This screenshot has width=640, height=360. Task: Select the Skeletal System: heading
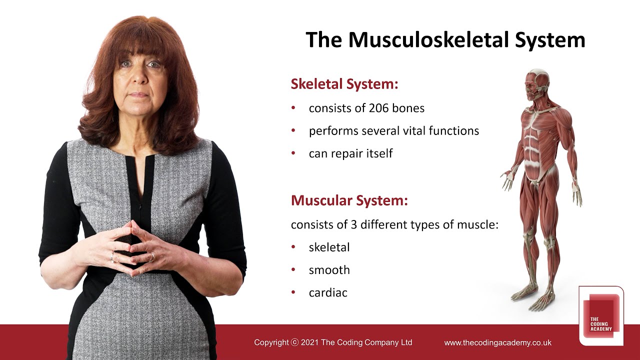pos(344,84)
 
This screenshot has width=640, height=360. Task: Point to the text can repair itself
pos(350,153)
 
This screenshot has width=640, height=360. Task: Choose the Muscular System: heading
pos(349,201)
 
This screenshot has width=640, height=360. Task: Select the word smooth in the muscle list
pos(329,270)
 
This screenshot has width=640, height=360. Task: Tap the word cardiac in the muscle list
pos(328,292)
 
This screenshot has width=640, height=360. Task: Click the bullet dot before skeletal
pos(293,247)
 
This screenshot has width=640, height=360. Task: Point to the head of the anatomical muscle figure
pos(536,83)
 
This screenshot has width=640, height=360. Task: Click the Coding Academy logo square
pos(601,315)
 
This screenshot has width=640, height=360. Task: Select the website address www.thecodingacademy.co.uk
pos(497,343)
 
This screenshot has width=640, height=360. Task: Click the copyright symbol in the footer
pos(294,342)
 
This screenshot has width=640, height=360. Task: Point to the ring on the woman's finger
pos(152,257)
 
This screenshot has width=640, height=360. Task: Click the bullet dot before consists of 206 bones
pos(293,108)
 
